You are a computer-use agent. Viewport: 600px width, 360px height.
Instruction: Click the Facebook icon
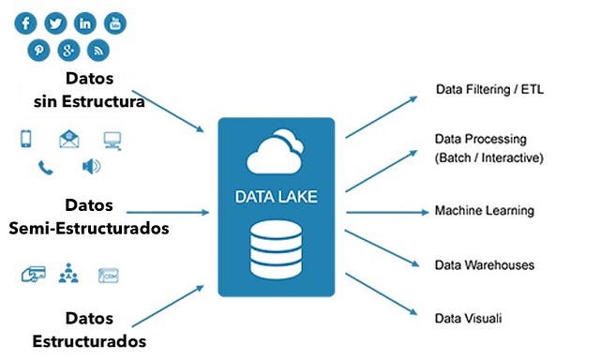click(27, 22)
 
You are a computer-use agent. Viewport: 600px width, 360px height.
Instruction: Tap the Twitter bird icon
click(56, 22)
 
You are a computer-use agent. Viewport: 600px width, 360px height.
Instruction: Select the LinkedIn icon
click(85, 22)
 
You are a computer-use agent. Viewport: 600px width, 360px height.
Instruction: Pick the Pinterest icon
click(42, 50)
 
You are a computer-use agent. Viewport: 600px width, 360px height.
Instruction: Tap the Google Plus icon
click(69, 50)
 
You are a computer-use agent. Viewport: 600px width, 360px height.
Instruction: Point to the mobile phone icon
click(27, 140)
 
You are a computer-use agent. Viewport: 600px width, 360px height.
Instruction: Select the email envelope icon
click(69, 140)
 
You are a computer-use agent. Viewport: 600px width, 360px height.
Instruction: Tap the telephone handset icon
click(45, 168)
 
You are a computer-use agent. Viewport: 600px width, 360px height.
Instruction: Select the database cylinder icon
click(276, 248)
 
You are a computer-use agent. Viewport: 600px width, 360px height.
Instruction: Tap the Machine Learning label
click(484, 211)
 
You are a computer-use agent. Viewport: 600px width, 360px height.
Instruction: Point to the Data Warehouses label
click(485, 265)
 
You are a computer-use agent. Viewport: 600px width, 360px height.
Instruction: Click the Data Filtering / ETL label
click(489, 90)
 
